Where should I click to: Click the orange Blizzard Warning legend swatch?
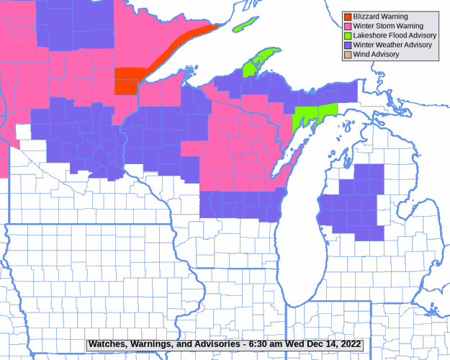(x=347, y=17)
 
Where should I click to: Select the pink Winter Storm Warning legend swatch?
(x=347, y=26)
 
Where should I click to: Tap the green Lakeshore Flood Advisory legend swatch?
(x=347, y=35)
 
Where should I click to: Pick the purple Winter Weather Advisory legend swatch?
(x=347, y=45)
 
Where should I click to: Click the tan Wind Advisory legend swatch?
(x=347, y=54)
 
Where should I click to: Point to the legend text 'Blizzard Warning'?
(x=380, y=17)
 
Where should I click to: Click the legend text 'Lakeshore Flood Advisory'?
(x=395, y=35)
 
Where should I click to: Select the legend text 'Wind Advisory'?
(x=376, y=54)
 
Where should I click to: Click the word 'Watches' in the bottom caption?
(x=108, y=344)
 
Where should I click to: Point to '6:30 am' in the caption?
(x=261, y=344)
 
